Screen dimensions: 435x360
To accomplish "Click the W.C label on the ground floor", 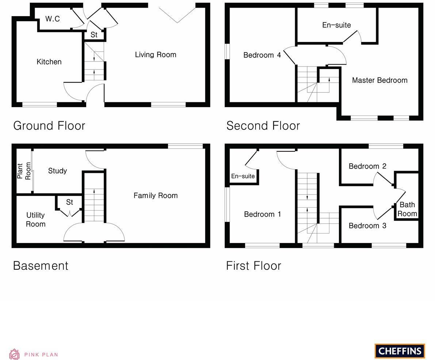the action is coord(53,19).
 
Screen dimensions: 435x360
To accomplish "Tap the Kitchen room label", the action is coord(49,62).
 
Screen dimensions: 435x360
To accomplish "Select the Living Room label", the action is coord(156,55).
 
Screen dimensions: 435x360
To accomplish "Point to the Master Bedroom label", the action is coord(379,80).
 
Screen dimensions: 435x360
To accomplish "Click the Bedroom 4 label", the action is coord(262,55).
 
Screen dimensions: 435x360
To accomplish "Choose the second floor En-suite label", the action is coord(336,25).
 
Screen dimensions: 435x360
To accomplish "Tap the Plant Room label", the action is coord(24,171).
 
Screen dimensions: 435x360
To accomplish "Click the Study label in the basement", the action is coord(57,171).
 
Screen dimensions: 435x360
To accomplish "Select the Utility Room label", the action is coord(35,220).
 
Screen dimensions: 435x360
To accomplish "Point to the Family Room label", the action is coord(156,196).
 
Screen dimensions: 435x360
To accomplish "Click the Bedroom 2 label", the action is coord(367,166).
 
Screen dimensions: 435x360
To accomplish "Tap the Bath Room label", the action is coord(407,209).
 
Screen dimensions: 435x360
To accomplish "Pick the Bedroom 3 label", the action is coord(367,226).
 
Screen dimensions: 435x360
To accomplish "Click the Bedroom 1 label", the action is coord(262,214).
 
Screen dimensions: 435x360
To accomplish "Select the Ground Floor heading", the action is coord(49,126).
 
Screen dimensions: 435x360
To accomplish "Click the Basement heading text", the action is coord(41,266).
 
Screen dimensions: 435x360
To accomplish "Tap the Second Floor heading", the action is coord(263,126).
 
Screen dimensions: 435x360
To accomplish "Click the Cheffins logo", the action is coord(400,351).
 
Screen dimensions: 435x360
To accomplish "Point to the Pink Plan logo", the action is coord(34,354).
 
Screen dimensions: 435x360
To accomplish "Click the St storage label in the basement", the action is coord(69,202).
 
